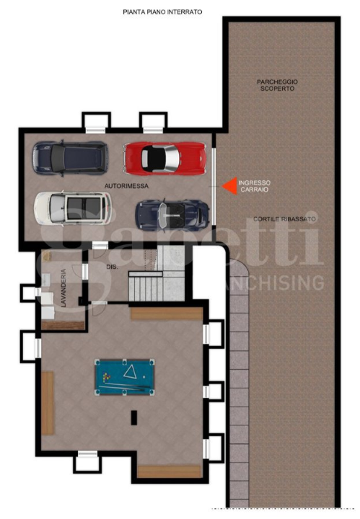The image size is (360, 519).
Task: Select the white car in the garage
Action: click(73, 208)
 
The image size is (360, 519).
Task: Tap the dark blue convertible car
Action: click(172, 214)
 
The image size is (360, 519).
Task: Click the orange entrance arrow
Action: click(229, 187)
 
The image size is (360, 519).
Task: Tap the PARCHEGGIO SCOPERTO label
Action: click(277, 85)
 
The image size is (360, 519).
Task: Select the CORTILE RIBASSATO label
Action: click(284, 218)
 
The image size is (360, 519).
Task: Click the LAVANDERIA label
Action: click(63, 288)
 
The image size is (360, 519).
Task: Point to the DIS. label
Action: click(112, 267)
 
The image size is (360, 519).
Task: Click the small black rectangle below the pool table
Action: click(133, 416)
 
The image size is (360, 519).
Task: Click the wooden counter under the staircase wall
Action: click(166, 314)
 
